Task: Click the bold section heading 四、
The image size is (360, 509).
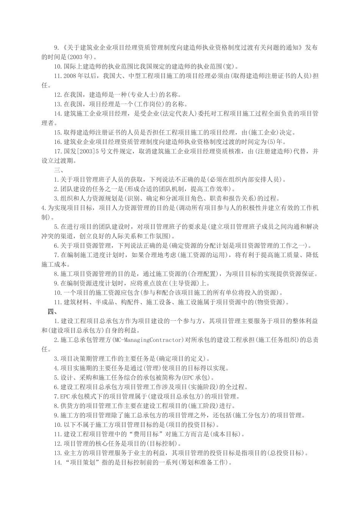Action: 52,312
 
